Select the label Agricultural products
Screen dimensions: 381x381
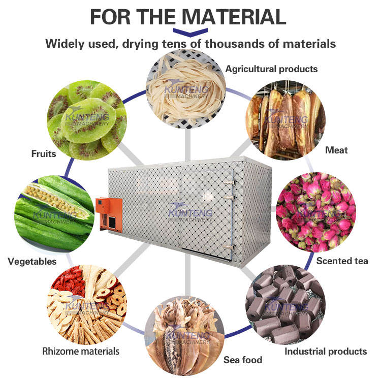(271, 69)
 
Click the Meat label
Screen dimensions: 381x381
(336, 150)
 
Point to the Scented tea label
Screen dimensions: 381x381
(342, 261)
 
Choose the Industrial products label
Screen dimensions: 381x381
(325, 351)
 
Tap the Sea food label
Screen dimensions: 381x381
(243, 360)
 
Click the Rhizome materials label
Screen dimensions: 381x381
(81, 351)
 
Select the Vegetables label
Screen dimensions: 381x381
(32, 262)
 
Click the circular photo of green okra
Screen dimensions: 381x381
(56, 213)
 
